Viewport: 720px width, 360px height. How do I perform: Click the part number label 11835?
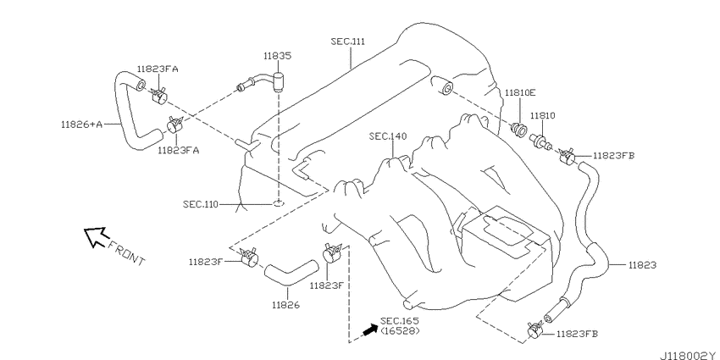[x=277, y=56]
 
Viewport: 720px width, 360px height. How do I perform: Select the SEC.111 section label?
[x=348, y=42]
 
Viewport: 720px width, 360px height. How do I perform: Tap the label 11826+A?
[x=81, y=124]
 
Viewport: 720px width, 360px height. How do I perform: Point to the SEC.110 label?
[x=201, y=204]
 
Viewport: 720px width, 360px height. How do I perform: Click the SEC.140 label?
[x=387, y=136]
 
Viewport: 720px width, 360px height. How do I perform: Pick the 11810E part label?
[x=520, y=92]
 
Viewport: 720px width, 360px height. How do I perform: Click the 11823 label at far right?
[x=642, y=265]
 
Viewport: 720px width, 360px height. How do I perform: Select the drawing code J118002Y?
[x=689, y=356]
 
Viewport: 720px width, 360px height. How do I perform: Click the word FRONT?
[x=127, y=253]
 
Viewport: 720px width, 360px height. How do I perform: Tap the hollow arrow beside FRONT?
[x=96, y=236]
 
